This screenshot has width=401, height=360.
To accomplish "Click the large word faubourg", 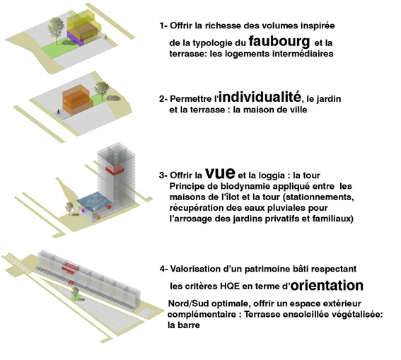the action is pyautogui.click(x=279, y=42).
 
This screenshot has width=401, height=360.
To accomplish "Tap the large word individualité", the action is pyautogui.click(x=260, y=97).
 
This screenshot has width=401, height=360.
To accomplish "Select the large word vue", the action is pyautogui.click(x=220, y=173).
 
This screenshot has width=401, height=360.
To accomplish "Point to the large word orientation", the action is pyautogui.click(x=327, y=285).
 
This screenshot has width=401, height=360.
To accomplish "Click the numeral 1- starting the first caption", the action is pyautogui.click(x=163, y=25).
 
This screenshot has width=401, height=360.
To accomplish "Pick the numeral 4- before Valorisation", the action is pyautogui.click(x=164, y=269).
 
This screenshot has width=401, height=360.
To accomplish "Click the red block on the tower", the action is pyautogui.click(x=115, y=169).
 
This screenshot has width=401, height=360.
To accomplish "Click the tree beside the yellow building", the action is pyautogui.click(x=56, y=30).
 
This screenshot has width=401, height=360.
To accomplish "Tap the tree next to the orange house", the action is pyautogui.click(x=102, y=91).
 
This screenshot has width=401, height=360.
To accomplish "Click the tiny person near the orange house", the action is pyautogui.click(x=59, y=111).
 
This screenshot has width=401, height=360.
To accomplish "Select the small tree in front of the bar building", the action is pyautogui.click(x=75, y=294).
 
